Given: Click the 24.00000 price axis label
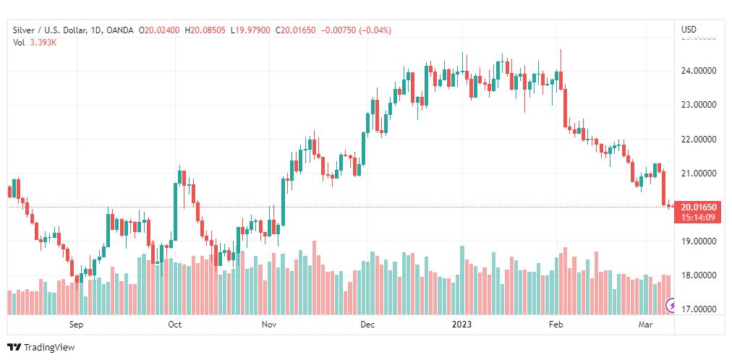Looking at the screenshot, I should click(x=698, y=71).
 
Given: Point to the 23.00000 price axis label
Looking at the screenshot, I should click(x=698, y=105).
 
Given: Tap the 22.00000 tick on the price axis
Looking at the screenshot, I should click(x=698, y=139).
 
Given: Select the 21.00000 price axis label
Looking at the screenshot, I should click(x=698, y=173).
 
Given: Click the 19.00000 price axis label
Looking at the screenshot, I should click(x=698, y=241).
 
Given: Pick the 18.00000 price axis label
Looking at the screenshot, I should click(x=698, y=275).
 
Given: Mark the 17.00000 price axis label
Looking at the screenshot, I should click(x=698, y=309).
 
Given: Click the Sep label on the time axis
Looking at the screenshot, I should click(x=77, y=325).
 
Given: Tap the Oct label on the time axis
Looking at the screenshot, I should click(x=174, y=325).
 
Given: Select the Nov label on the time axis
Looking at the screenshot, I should click(x=269, y=325).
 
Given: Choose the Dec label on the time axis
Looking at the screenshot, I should click(x=367, y=325).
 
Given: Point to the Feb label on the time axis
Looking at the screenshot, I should click(x=556, y=325).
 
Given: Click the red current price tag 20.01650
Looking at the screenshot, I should click(x=699, y=207).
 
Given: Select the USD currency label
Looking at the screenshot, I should click(x=689, y=30).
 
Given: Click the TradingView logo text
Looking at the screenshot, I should click(x=48, y=348).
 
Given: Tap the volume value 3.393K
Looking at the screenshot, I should click(x=44, y=42).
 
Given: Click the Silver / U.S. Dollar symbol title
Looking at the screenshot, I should click(x=47, y=30).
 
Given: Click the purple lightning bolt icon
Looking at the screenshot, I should click(x=671, y=306).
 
